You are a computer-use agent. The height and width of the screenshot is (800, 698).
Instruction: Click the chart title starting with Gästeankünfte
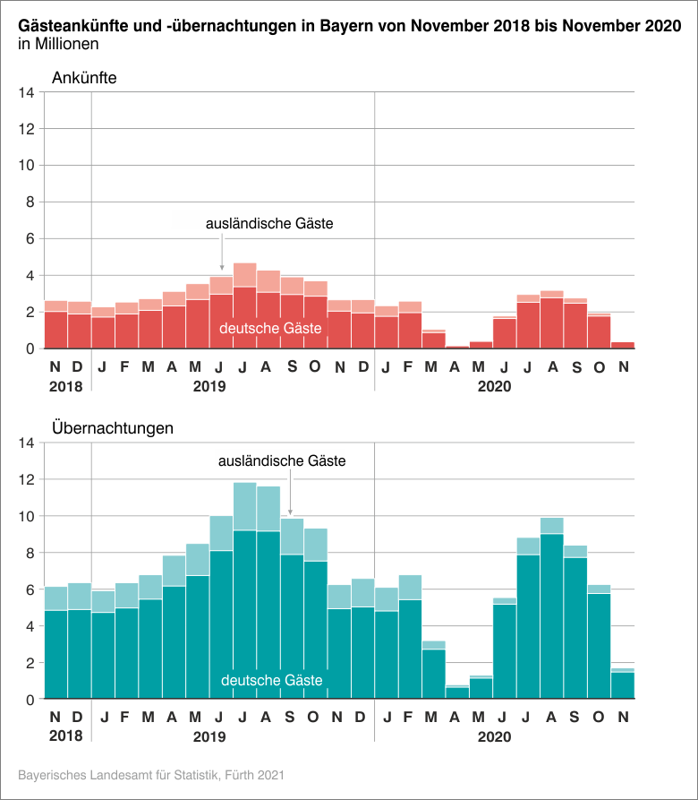(349, 27)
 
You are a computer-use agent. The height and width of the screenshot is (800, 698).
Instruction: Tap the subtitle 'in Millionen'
(58, 44)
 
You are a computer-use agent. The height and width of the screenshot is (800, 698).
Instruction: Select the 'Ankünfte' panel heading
(84, 78)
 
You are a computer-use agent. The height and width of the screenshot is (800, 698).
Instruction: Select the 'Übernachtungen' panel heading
(112, 428)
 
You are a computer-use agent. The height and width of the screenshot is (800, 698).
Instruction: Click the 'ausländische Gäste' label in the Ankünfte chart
(269, 224)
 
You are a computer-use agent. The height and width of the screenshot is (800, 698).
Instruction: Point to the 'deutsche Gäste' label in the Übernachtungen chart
(272, 682)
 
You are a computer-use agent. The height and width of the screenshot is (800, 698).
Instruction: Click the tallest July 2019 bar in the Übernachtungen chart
(244, 609)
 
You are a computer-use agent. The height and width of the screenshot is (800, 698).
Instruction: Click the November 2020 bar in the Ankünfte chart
(622, 345)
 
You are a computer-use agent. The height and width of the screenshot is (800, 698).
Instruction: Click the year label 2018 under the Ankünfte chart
(66, 387)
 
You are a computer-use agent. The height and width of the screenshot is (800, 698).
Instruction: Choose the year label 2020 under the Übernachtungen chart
(494, 737)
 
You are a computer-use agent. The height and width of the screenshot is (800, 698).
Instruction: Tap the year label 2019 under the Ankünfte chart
(209, 387)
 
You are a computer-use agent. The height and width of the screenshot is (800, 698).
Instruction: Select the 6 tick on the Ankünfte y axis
(30, 239)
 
